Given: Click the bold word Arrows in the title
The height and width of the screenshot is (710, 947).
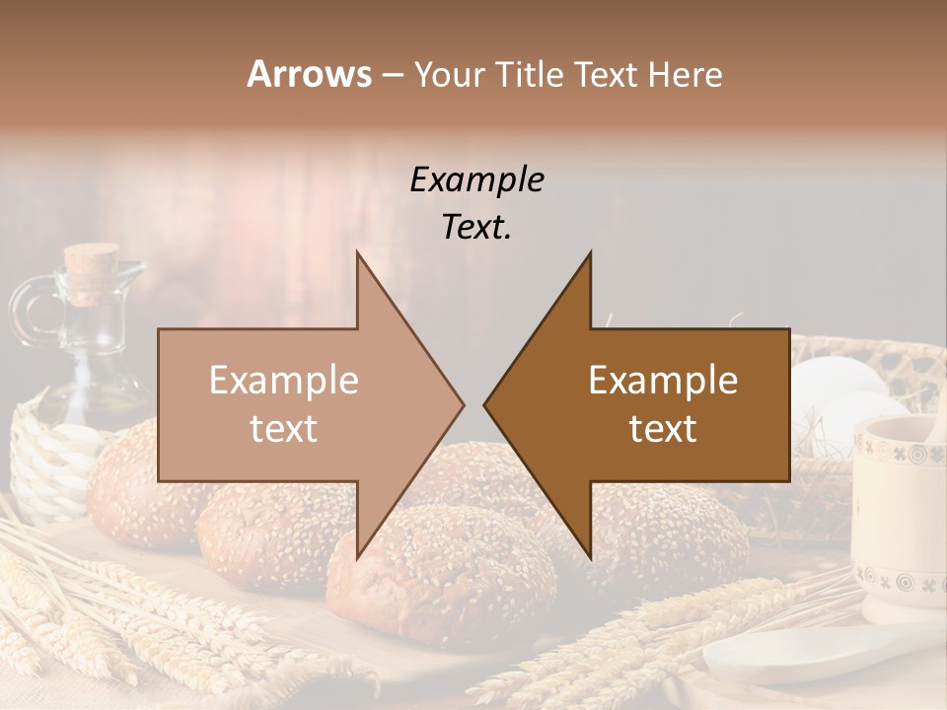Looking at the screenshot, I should pyautogui.click(x=309, y=74).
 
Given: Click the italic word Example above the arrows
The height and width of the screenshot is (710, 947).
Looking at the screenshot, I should pyautogui.click(x=477, y=180).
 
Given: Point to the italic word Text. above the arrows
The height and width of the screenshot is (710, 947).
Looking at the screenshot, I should pyautogui.click(x=477, y=227).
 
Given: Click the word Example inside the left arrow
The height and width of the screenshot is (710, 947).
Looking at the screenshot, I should pyautogui.click(x=284, y=381).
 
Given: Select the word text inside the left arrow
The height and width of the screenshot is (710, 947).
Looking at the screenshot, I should pyautogui.click(x=284, y=429).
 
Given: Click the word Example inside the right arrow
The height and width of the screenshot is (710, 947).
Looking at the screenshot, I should pyautogui.click(x=663, y=381).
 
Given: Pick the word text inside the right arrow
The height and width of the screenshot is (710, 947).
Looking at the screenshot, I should pyautogui.click(x=663, y=429).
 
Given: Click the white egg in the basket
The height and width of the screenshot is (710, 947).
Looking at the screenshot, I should pyautogui.click(x=838, y=385).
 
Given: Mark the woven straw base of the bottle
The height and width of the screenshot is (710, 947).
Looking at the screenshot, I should pyautogui.click(x=49, y=463).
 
